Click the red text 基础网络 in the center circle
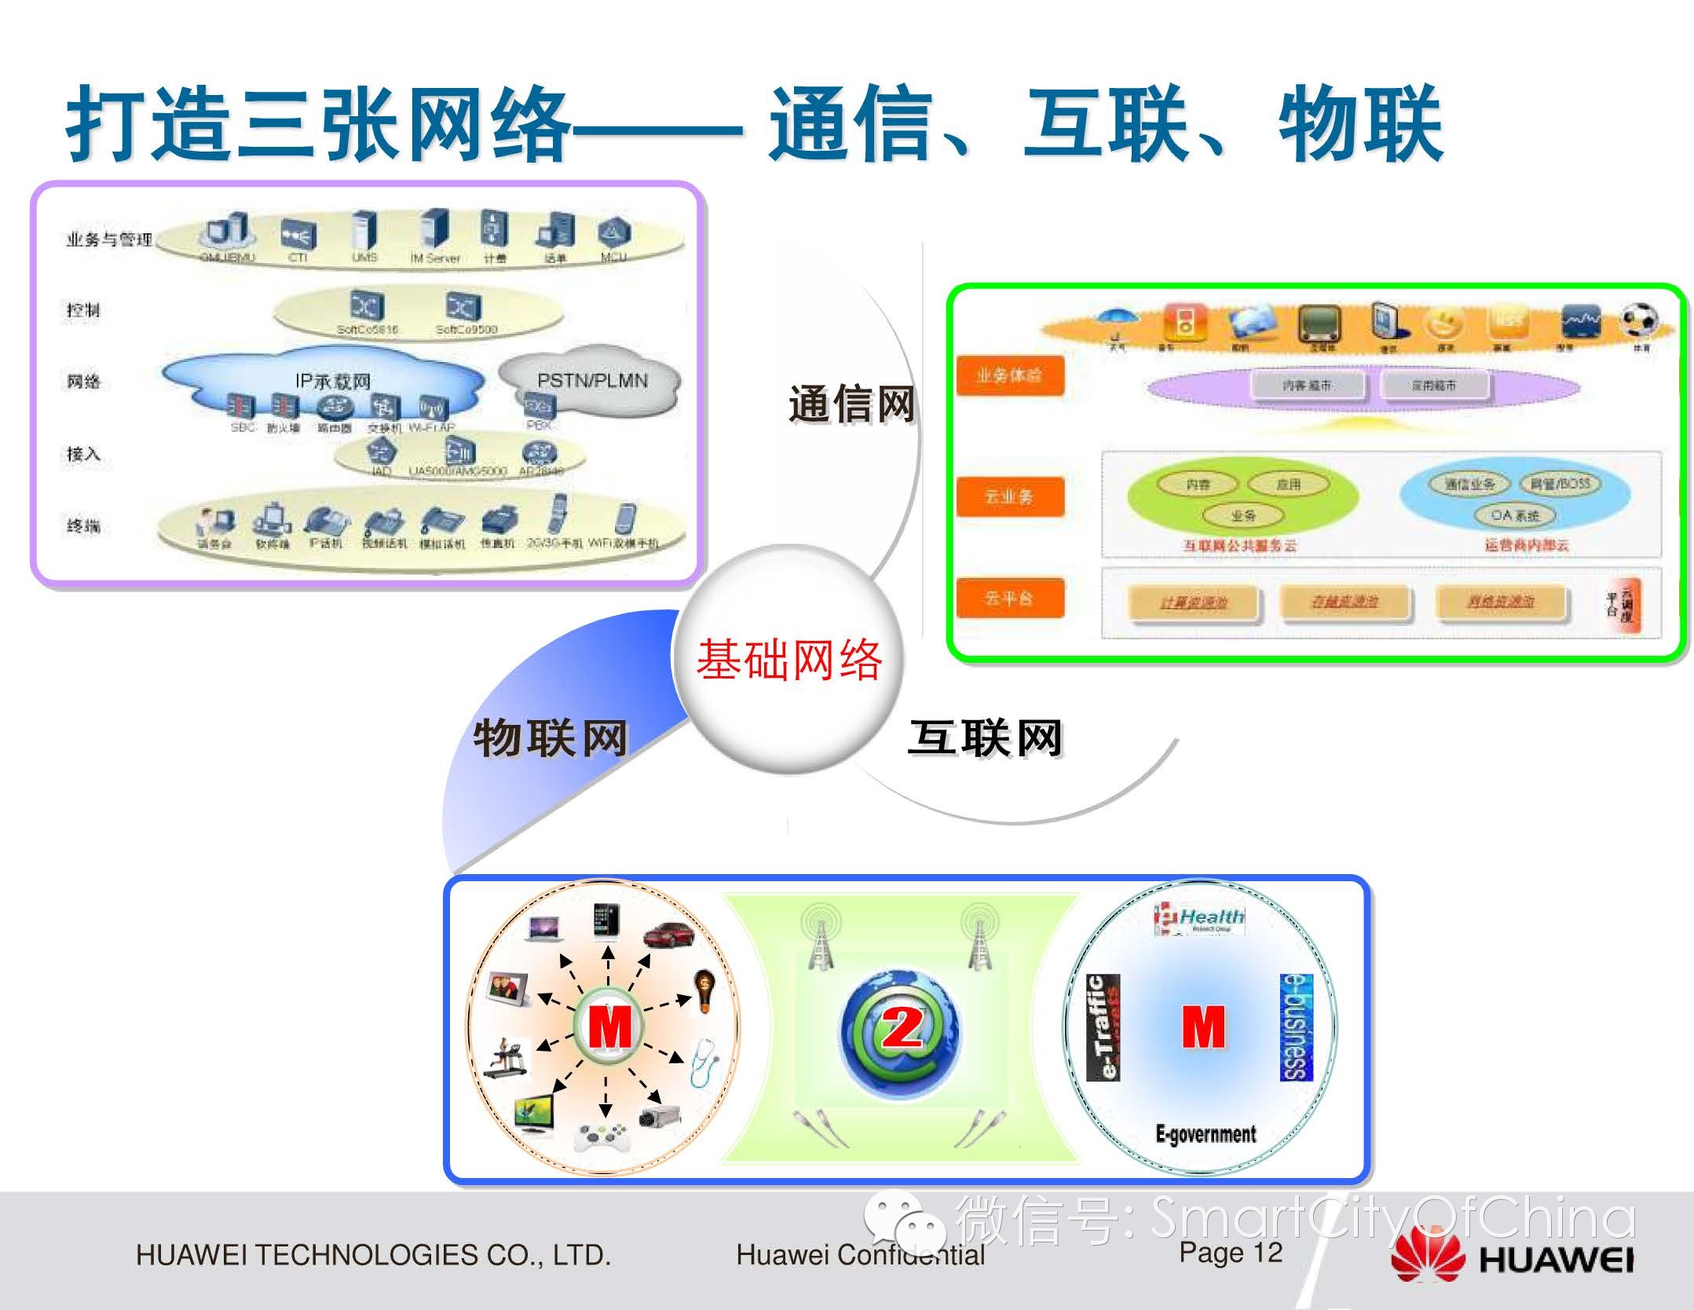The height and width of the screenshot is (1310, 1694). pyautogui.click(x=788, y=660)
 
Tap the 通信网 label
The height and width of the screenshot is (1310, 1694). pyautogui.click(x=852, y=405)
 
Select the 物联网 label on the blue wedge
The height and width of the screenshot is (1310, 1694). pyautogui.click(x=551, y=738)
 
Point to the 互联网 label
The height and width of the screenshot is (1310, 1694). pyautogui.click(x=986, y=738)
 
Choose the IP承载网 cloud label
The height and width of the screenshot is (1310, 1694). pyautogui.click(x=333, y=382)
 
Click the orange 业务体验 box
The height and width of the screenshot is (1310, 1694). pyautogui.click(x=1009, y=375)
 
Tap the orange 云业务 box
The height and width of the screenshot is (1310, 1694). pyautogui.click(x=1009, y=496)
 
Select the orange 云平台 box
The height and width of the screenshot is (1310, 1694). pyautogui.click(x=1009, y=598)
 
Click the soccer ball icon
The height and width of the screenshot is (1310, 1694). pyautogui.click(x=1639, y=320)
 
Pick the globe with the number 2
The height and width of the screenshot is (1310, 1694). pyautogui.click(x=900, y=1029)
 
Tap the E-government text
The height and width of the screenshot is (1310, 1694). pyautogui.click(x=1206, y=1134)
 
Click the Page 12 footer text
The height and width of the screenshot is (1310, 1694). pyautogui.click(x=1230, y=1253)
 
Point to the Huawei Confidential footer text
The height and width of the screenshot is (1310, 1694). pyautogui.click(x=860, y=1255)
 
